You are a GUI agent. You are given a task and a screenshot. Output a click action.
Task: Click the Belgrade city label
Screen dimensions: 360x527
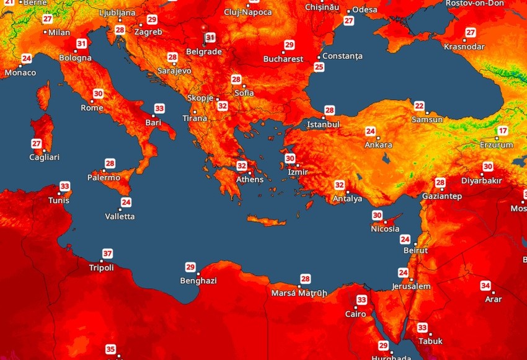(203, 52)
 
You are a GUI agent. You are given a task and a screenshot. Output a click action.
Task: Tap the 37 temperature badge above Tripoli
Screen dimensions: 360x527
(108, 253)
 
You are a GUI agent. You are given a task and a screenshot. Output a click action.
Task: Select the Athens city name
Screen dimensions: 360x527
(250, 180)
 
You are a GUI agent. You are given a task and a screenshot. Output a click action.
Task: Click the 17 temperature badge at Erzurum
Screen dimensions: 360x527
(503, 131)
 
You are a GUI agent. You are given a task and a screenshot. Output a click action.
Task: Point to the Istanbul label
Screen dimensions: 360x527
(324, 125)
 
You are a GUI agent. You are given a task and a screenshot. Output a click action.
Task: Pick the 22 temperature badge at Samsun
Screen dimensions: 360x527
(420, 106)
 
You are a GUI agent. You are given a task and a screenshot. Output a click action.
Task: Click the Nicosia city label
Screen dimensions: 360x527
(385, 229)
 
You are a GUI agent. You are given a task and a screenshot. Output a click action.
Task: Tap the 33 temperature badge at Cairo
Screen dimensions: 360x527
(361, 300)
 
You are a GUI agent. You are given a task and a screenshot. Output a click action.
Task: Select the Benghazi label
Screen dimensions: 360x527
(198, 281)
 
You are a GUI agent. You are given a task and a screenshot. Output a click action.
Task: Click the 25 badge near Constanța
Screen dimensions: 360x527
(319, 67)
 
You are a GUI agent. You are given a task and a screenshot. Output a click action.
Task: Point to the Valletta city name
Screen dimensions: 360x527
(120, 217)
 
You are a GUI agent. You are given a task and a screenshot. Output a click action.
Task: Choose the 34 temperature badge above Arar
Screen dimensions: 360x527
(485, 286)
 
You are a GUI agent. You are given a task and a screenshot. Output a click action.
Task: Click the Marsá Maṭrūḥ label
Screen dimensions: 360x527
(299, 293)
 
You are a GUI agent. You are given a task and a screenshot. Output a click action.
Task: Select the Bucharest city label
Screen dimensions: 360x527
(283, 59)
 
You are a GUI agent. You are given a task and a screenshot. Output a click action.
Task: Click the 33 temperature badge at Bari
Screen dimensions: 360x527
(159, 108)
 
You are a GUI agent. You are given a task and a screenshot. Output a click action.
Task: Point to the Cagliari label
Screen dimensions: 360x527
(45, 157)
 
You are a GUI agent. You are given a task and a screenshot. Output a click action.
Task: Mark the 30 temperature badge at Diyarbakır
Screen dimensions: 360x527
(488, 167)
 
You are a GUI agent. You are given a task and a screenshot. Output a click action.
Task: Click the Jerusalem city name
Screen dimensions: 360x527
(411, 287)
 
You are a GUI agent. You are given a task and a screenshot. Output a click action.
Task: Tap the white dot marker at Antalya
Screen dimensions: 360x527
(347, 191)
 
